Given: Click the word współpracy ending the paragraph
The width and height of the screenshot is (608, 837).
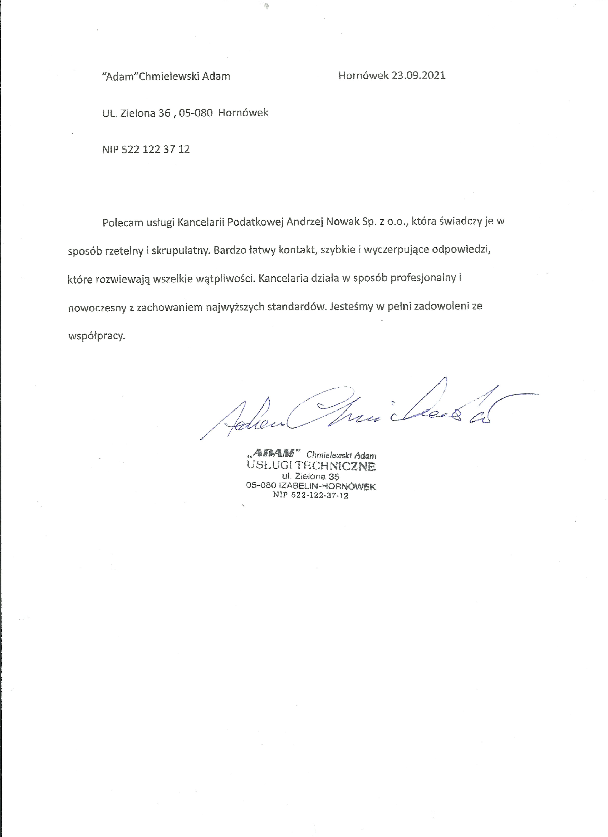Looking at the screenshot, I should [97, 336].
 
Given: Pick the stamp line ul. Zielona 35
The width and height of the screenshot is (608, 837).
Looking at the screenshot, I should [310, 477].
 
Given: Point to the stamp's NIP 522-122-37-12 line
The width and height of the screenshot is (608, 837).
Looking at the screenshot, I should [310, 495].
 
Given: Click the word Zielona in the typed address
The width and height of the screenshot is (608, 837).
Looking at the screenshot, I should [138, 113].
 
